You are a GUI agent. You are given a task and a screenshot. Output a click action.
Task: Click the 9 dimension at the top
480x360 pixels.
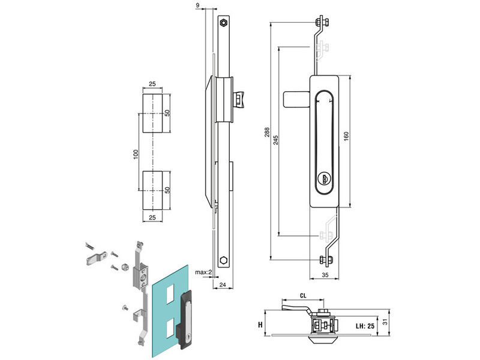(198, 5)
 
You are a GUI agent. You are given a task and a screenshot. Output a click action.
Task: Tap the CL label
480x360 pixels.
(303, 295)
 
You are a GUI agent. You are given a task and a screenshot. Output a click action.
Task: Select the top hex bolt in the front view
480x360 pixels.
(320, 23)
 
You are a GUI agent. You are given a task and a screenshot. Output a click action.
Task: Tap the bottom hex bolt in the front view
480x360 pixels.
(325, 260)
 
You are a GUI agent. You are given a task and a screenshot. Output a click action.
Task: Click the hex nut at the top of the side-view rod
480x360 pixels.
(223, 22)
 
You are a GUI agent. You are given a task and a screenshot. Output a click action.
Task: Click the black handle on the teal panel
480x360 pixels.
(186, 319)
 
